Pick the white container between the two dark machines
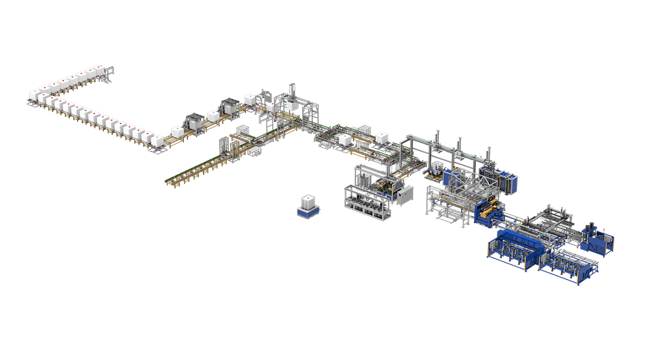[213, 116]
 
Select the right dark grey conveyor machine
[229, 107]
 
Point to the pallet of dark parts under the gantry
[435, 174]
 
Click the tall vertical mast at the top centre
[293, 91]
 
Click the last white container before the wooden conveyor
[158, 141]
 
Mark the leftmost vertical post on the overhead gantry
[439, 136]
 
